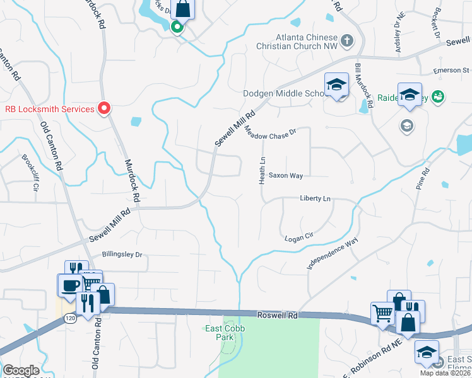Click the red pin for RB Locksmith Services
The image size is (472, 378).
point(104,108)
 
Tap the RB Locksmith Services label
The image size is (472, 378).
point(50,108)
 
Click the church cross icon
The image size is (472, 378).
point(346,42)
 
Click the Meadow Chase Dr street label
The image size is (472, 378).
point(270,129)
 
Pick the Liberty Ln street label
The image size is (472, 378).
point(315,198)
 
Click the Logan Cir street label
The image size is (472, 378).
point(299,237)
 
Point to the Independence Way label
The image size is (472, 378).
point(333,254)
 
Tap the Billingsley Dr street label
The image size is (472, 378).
point(122,255)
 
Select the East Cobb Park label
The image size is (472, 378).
point(220,333)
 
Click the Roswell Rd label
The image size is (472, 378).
point(278,314)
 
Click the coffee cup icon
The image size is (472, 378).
point(69,284)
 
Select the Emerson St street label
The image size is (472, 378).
point(451,71)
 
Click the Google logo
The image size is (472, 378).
point(21,370)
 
